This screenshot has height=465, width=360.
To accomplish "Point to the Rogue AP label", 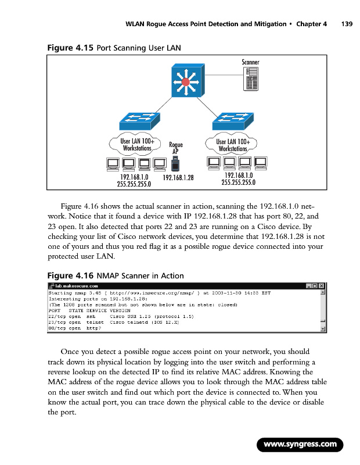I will point(175,148).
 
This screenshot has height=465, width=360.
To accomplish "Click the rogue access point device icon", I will point(175,164).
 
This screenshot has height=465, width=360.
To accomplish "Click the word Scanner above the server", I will point(250,62).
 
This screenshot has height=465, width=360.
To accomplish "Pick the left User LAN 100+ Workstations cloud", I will point(135,145).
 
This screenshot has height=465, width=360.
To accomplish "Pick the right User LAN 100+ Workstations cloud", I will point(232,145).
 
